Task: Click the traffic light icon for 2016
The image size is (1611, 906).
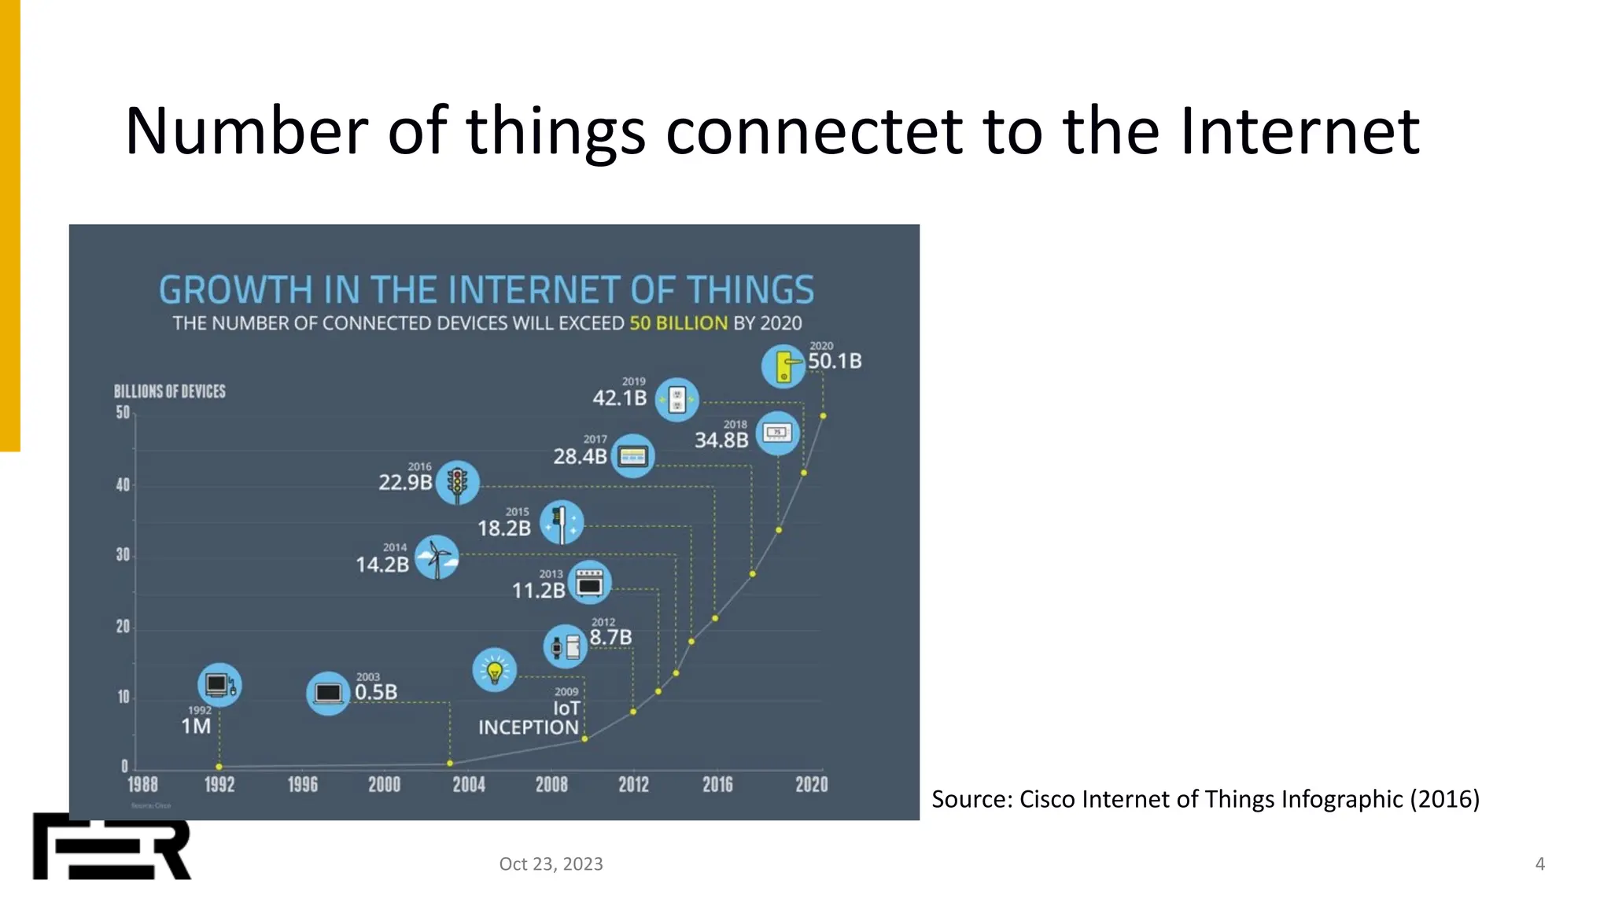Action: (457, 482)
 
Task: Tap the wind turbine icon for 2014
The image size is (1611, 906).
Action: (437, 558)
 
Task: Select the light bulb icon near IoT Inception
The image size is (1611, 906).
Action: (494, 670)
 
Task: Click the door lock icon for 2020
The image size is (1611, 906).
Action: (783, 366)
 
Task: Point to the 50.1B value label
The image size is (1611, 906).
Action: (835, 361)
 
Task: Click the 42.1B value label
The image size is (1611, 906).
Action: (619, 398)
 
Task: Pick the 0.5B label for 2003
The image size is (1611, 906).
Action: (376, 692)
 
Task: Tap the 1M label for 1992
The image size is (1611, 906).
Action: (196, 726)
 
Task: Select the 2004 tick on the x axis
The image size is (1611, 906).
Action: (469, 784)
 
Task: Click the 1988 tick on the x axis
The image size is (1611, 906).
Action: (142, 784)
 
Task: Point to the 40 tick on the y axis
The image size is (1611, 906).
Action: (123, 485)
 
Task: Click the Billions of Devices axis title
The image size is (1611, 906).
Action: (169, 392)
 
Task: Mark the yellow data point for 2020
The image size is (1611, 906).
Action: (823, 416)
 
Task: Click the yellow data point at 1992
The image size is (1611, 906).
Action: (219, 767)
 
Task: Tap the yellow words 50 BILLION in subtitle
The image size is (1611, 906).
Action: (678, 323)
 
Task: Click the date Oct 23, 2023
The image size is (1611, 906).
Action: (551, 864)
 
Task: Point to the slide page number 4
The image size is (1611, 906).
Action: (1539, 864)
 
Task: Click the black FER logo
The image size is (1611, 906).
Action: (112, 847)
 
